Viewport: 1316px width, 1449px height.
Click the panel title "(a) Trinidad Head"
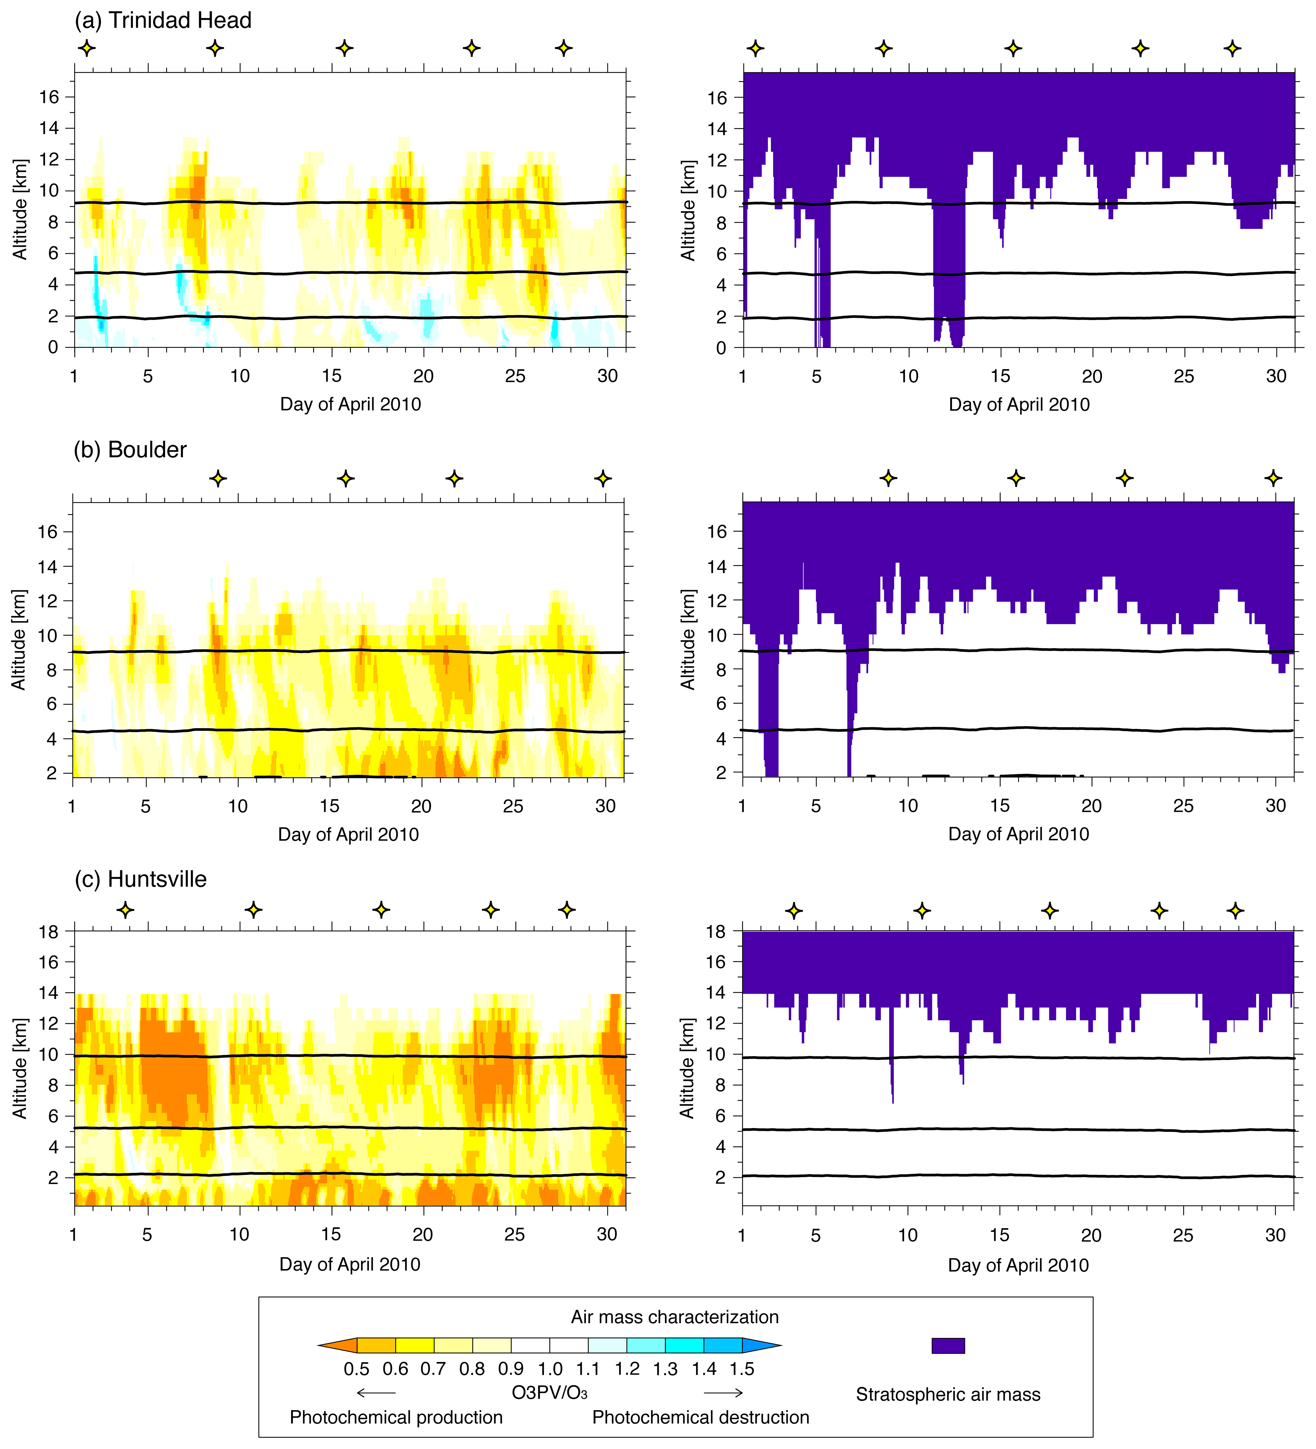163,20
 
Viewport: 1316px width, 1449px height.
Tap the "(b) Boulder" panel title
130,450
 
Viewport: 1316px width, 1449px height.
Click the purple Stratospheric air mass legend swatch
948,1345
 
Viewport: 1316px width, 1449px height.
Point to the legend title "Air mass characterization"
674,1317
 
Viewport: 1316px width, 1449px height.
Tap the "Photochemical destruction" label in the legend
700,1417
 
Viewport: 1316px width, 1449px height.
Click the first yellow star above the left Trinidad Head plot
86,48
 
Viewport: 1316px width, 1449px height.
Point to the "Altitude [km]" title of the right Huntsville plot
688,1068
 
